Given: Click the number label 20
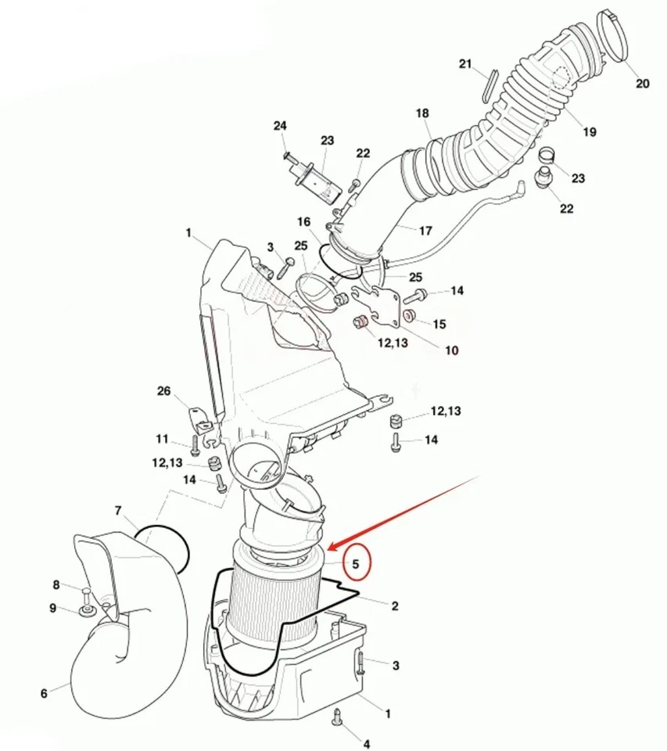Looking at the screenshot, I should coord(642,84).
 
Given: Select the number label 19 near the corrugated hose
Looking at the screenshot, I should coord(589,132).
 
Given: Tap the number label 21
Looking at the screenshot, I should coord(466,64).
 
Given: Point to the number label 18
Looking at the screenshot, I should coord(422,113).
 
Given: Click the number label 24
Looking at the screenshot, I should coord(280,125).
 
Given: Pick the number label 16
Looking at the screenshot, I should coord(303,223).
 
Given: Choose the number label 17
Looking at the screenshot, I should coord(425,231).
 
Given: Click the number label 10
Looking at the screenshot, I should coord(452,350).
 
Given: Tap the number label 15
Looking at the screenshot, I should coord(439,323).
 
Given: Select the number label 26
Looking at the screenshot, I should coord(163,391).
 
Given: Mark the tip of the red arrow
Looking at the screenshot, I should coord(328,548).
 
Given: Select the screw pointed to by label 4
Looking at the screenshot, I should coord(338,715).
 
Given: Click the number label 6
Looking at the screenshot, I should coord(44,693).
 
